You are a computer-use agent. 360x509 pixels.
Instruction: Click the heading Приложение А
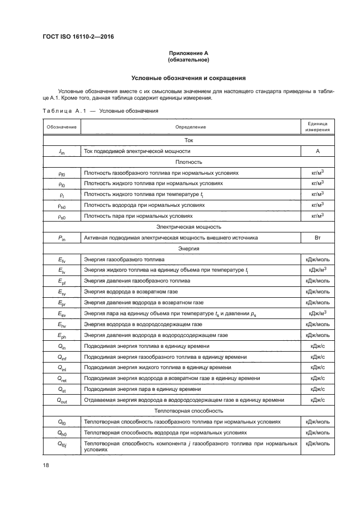click(188, 53)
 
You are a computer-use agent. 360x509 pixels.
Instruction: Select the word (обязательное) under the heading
click(188, 60)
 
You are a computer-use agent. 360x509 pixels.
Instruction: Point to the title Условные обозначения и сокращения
click(188, 78)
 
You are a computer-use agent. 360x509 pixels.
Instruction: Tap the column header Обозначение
click(61, 127)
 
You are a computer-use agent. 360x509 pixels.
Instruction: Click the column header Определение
click(190, 127)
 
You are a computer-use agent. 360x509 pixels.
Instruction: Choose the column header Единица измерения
click(316, 127)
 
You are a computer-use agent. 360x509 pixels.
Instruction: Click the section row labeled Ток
click(188, 140)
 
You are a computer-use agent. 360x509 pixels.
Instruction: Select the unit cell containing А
click(316, 151)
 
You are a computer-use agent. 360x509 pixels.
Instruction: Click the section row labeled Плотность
click(188, 162)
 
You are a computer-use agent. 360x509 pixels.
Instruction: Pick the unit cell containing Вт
click(316, 238)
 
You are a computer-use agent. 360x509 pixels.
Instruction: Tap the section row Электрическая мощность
click(188, 227)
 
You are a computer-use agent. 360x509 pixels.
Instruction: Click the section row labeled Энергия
click(188, 249)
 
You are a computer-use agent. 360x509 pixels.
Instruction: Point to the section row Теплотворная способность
click(188, 410)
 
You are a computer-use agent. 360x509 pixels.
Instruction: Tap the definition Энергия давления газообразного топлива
click(137, 281)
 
